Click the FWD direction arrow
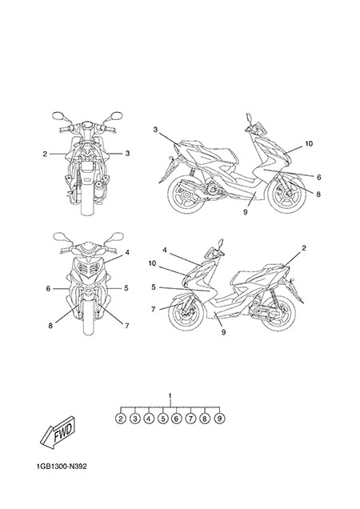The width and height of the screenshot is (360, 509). click(58, 433)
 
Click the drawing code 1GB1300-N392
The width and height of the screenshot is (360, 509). click(62, 467)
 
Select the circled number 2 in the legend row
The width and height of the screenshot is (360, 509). click(121, 419)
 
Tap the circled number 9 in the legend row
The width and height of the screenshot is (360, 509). click(220, 419)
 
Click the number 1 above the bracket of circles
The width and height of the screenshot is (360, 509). click(170, 396)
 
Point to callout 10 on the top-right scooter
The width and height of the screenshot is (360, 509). click(309, 143)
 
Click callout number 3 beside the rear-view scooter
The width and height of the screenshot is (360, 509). click(127, 153)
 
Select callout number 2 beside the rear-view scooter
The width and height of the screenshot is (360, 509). click(45, 154)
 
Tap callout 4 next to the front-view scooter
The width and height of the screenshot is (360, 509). click(127, 252)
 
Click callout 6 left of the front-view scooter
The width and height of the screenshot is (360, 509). click(48, 288)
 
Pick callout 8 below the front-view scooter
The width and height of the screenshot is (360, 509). click(50, 326)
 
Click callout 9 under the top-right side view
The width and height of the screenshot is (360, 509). click(245, 211)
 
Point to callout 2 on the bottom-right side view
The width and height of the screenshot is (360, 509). click(303, 248)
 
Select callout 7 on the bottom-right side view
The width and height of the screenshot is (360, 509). click(154, 309)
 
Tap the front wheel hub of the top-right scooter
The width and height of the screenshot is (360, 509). click(288, 194)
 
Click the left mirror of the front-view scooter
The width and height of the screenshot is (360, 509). click(60, 237)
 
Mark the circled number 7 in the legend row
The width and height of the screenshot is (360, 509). click(190, 419)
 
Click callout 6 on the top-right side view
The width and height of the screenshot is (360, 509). click(318, 177)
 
